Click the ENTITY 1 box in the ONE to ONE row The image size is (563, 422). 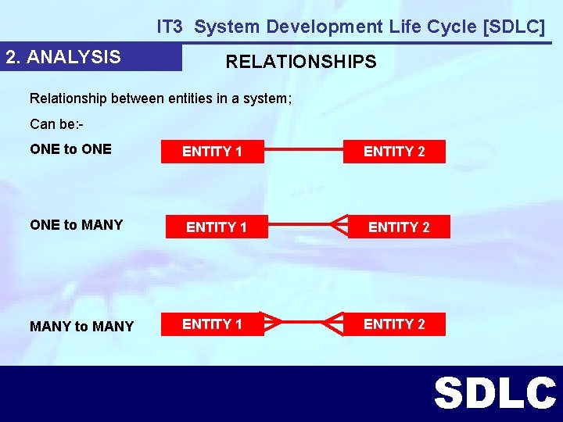click(x=212, y=152)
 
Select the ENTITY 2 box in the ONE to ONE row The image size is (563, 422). click(x=394, y=152)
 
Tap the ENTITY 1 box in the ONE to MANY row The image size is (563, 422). click(x=217, y=227)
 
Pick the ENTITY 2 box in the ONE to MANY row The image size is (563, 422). click(x=399, y=227)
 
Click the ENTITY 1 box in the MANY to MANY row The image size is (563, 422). click(x=212, y=324)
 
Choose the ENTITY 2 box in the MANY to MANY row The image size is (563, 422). click(x=394, y=324)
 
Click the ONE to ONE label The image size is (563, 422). click(x=70, y=149)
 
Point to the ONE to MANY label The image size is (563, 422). click(x=76, y=225)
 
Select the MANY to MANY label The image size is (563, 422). click(x=81, y=326)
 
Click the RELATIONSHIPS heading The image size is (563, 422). click(x=301, y=62)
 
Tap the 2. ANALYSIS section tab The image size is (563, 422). click(x=63, y=57)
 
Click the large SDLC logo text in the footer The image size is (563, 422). click(x=494, y=393)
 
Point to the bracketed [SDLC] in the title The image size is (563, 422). click(x=515, y=27)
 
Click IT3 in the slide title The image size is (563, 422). click(x=170, y=27)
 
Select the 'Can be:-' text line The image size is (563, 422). click(x=56, y=124)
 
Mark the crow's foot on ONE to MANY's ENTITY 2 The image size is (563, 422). click(x=338, y=227)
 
